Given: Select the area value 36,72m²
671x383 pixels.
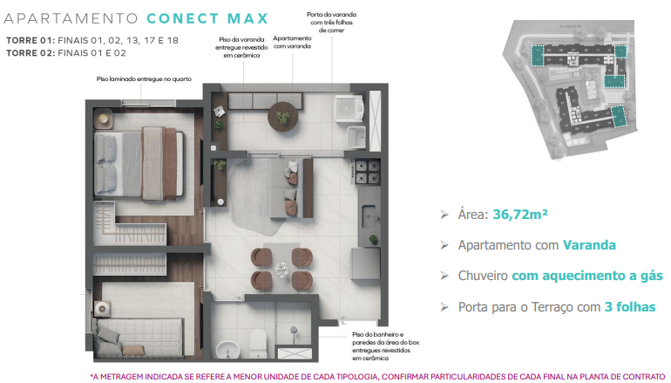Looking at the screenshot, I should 519,213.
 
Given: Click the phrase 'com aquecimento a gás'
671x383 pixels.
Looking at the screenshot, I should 586,276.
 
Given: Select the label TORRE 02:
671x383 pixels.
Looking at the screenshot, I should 29,52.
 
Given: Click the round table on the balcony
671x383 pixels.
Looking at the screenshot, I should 283,113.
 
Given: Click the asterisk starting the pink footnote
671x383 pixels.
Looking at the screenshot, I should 92,376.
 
